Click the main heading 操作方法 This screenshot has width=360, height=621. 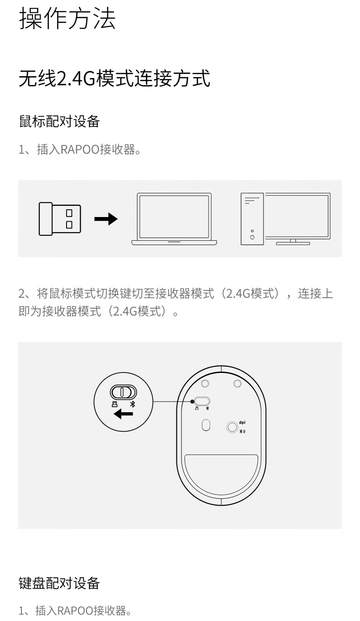(67, 18)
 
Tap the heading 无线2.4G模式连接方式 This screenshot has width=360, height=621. (114, 78)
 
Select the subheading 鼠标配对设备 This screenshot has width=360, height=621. (59, 121)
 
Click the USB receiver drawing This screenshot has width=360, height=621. (60, 219)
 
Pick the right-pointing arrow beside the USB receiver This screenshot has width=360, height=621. (106, 219)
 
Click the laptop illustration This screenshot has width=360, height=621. (174, 219)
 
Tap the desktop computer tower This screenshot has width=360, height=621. (252, 219)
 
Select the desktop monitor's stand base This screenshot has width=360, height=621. (293, 243)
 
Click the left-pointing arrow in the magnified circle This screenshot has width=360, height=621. (123, 414)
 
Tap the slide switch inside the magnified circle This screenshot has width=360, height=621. (123, 392)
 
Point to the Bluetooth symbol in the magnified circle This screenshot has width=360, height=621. (133, 404)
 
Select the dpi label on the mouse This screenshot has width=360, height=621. (242, 423)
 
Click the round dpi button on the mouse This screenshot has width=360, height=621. (232, 427)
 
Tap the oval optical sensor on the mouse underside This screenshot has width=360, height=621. (206, 425)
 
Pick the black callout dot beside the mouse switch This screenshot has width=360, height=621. (192, 401)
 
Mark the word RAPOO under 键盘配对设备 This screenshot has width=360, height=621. (75, 611)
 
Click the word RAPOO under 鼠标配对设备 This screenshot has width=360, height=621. (80, 150)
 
